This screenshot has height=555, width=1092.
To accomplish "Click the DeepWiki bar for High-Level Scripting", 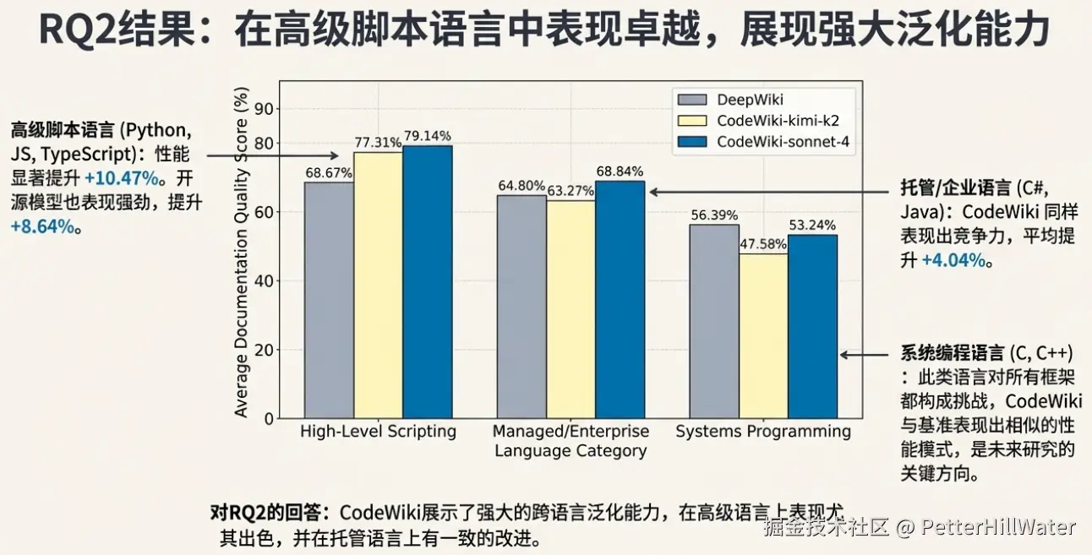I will coord(329,300).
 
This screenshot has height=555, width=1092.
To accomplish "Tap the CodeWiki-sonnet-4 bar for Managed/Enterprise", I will coord(620,300).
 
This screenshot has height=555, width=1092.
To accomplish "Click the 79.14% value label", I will coord(427,136).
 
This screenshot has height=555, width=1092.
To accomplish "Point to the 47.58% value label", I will coord(762,244).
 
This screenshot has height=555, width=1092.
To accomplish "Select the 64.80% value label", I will coord(521,186).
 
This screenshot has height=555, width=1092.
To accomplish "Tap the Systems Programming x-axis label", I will coord(762,432).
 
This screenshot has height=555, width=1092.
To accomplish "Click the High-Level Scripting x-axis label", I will coord(378,432).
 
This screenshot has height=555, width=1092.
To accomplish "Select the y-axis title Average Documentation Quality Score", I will coord(242,253).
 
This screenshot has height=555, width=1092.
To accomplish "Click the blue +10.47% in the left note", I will coord(122,179).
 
